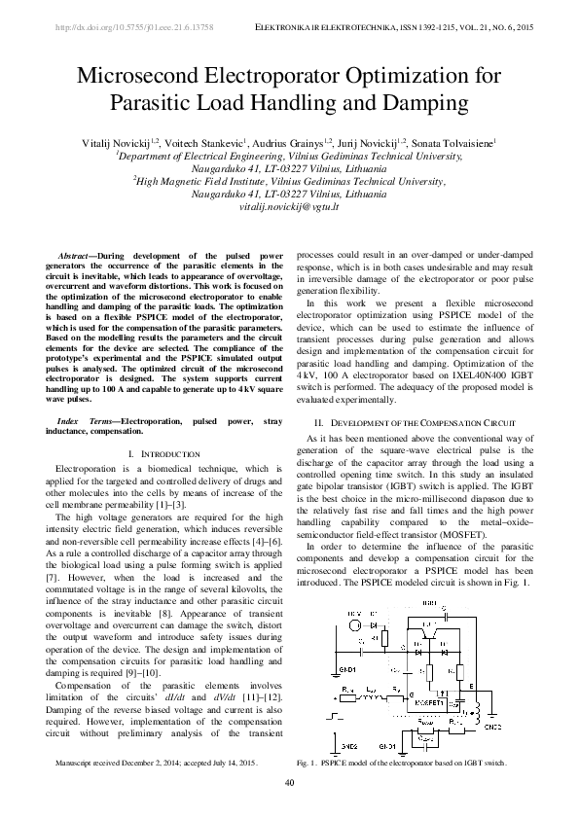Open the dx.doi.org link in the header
(137, 28)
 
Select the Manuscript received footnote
(157, 765)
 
